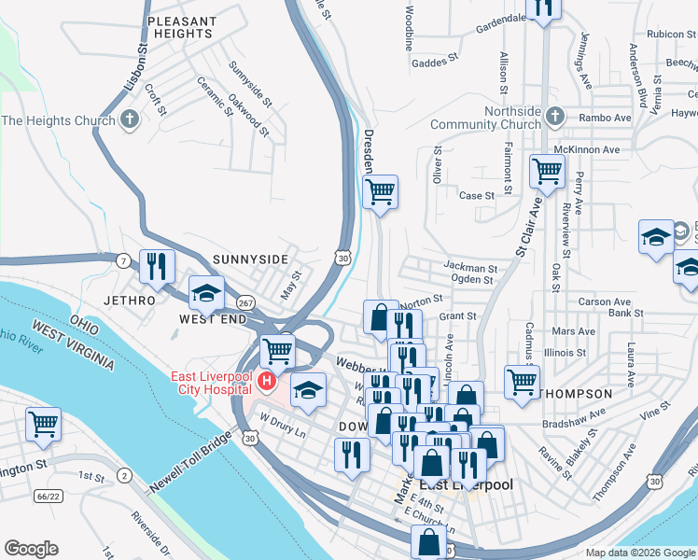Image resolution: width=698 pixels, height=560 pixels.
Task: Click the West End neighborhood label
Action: click(x=213, y=319)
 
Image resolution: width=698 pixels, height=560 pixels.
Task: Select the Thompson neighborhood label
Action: click(x=574, y=394)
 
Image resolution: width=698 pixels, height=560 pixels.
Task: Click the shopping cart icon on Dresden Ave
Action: click(x=380, y=191)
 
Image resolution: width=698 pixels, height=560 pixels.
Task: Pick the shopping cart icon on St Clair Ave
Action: click(x=547, y=171)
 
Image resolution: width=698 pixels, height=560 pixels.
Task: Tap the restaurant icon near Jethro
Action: click(x=157, y=266)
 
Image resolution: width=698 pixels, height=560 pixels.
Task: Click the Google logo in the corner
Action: click(x=32, y=549)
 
